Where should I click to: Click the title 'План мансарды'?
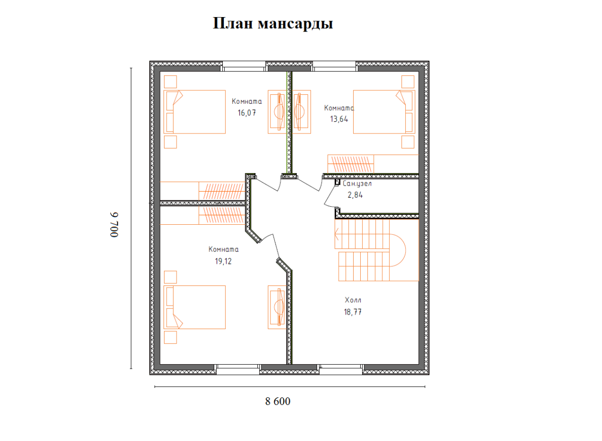point(273,24)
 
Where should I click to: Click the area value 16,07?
point(247,113)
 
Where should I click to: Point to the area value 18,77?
point(353,312)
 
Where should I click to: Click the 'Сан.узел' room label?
point(357,184)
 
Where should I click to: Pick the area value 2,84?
point(355,195)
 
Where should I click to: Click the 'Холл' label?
point(353,300)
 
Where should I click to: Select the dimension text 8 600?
point(277,401)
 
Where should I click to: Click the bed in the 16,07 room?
point(196,112)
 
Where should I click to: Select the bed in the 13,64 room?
point(384,112)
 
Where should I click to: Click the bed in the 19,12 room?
point(196,307)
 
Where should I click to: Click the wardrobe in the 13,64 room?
point(351,163)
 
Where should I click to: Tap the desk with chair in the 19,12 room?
point(277,307)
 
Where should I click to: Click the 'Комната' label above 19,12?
point(224,249)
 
